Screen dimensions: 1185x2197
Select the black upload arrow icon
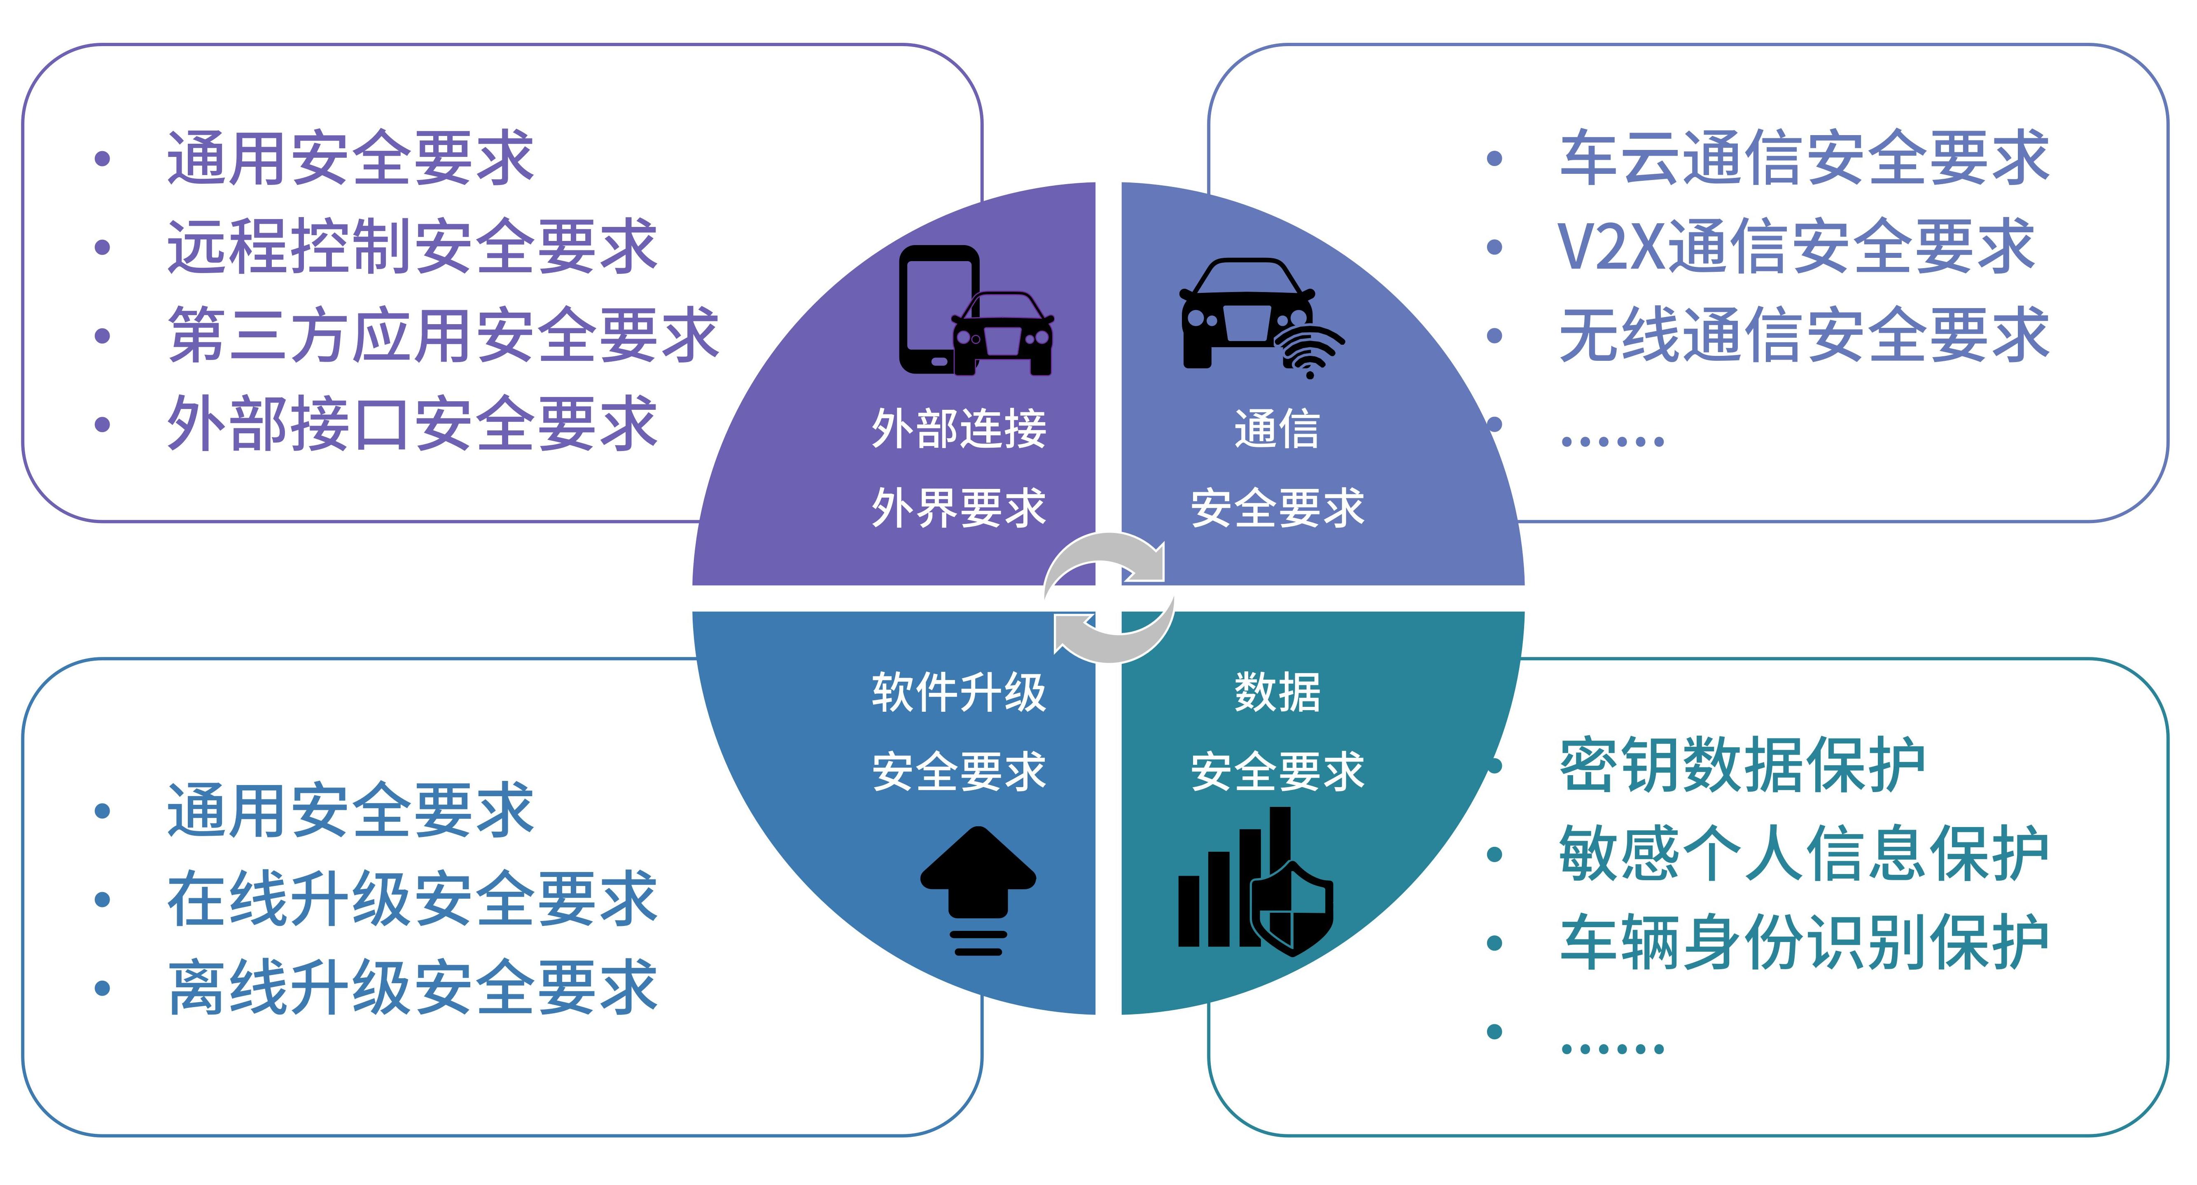(x=978, y=887)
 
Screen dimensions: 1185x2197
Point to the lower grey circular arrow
(x=1113, y=636)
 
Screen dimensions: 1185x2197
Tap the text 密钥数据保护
(x=1742, y=765)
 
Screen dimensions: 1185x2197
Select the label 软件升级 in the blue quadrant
(x=959, y=692)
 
